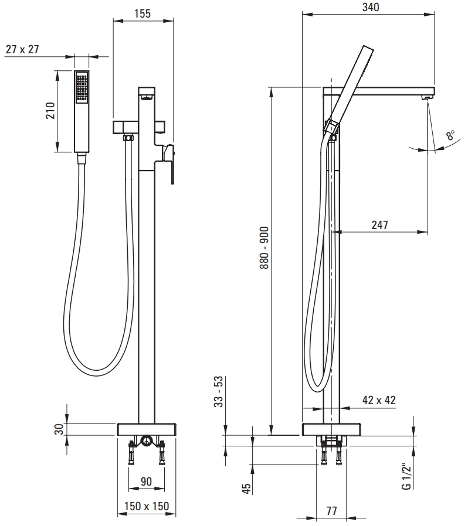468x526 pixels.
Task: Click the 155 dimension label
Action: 143,13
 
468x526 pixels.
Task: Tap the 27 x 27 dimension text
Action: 22,49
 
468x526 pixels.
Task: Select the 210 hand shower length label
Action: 50,111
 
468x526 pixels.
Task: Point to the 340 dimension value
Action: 371,7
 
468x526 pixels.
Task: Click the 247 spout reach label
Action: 379,225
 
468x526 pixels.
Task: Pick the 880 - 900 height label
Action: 264,248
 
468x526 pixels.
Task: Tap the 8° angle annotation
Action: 450,135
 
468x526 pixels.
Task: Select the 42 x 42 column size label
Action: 379,400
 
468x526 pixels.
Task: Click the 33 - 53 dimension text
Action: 218,391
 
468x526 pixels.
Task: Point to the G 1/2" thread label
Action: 406,477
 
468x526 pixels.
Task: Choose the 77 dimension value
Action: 331,511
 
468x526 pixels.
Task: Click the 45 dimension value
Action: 246,489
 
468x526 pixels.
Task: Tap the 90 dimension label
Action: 146,481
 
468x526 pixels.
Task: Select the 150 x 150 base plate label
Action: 147,506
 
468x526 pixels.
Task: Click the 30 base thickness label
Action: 59,429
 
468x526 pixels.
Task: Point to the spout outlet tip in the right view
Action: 427,98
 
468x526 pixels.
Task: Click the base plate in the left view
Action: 147,429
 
